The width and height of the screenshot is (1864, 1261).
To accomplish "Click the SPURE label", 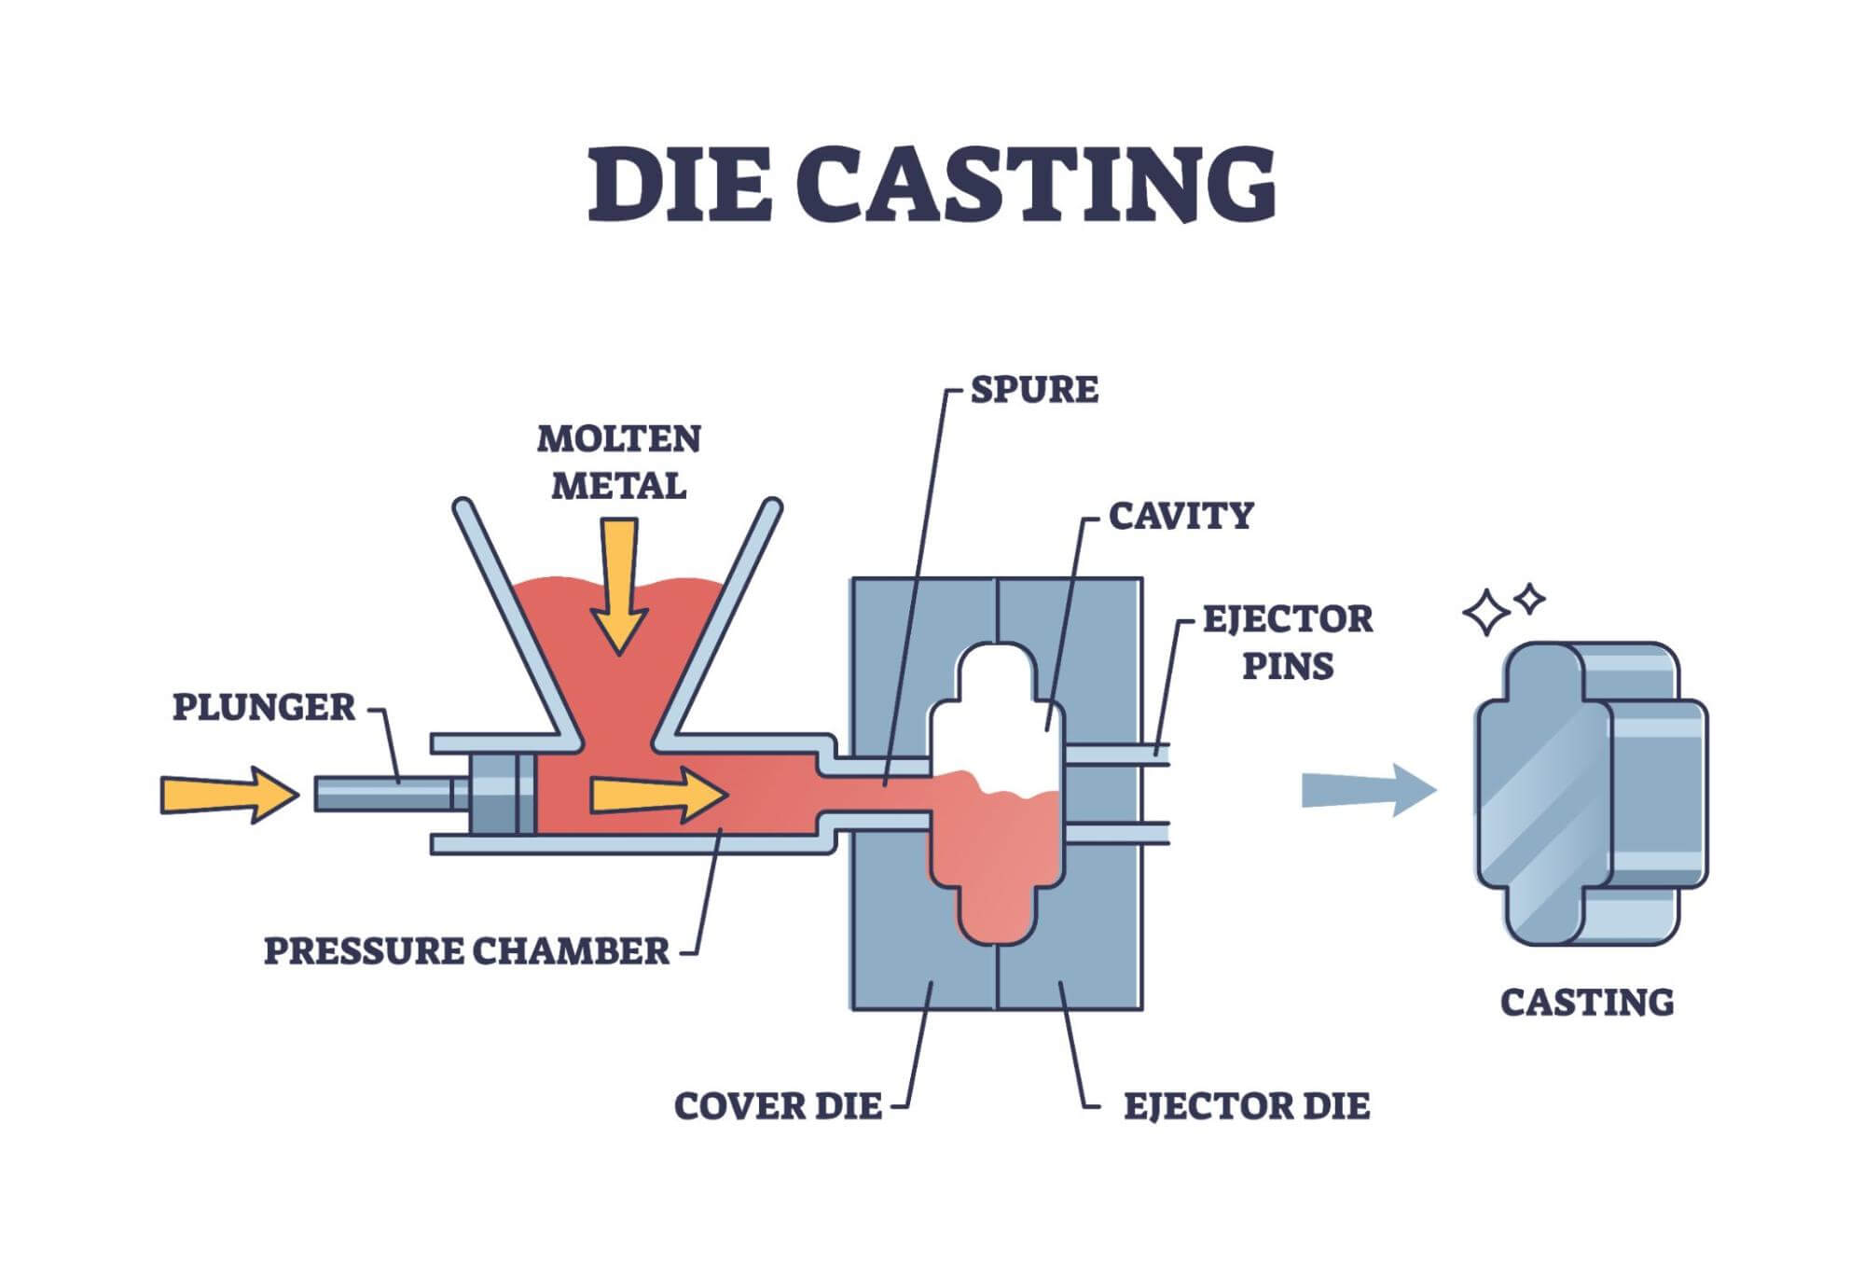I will pos(1034,390).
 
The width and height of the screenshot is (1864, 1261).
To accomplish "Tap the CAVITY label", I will pos(1181,516).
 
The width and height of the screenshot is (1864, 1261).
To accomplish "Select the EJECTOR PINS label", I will pos(1288,643).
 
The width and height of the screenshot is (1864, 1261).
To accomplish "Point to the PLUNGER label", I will pos(264,708).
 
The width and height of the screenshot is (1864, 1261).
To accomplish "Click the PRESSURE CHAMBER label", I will pos(466,951).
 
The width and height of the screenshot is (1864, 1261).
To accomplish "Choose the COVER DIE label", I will pos(778,1107).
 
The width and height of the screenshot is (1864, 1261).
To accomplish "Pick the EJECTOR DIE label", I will pos(1247,1107).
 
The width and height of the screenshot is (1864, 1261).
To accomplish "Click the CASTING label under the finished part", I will pos(1587,1003).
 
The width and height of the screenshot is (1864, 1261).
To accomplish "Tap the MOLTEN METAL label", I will pos(618,463).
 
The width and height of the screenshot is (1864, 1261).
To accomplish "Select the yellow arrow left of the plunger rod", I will pos(229,795).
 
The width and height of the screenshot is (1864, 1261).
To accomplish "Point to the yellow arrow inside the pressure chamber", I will pos(658,795).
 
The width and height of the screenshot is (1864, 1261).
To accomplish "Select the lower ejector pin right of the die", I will pos(1118,833).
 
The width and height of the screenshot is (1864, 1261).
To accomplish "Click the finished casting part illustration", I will pos(1590,793).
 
